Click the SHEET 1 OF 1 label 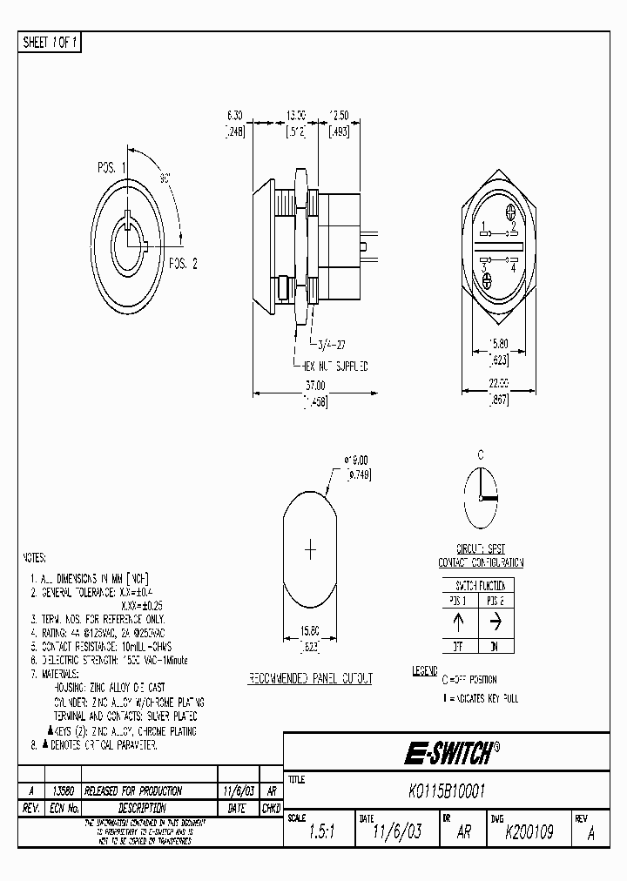click(x=50, y=43)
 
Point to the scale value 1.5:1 click(x=318, y=832)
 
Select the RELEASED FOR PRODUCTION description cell click(x=137, y=790)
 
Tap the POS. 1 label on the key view click(x=111, y=167)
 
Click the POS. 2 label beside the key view click(x=183, y=263)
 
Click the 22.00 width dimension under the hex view click(x=496, y=384)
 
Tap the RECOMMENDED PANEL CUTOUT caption click(x=310, y=678)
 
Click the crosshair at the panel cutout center click(x=310, y=549)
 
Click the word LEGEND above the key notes click(x=425, y=671)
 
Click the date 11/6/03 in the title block click(x=396, y=832)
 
